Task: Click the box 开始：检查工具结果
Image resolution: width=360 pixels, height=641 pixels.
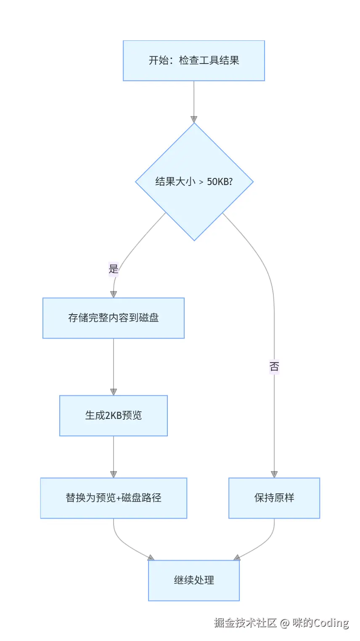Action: coord(194,61)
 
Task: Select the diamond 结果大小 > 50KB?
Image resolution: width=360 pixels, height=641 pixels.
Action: coord(194,182)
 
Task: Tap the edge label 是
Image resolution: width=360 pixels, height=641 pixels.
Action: coord(114,269)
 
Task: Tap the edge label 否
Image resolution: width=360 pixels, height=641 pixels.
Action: coord(274,366)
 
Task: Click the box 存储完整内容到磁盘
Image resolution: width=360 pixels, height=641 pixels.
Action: coord(114,318)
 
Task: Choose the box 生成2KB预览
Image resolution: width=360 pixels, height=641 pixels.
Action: coord(114,416)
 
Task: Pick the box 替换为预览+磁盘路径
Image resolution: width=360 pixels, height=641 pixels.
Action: coord(114,498)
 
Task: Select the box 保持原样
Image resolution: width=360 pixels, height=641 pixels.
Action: coord(274,498)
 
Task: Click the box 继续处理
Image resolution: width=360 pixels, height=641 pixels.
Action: coord(194,580)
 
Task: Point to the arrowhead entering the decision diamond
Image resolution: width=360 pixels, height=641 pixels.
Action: coord(194,119)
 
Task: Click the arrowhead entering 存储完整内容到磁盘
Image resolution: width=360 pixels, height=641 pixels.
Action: coord(114,294)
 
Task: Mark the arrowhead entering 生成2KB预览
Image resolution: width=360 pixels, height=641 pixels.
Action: coord(114,392)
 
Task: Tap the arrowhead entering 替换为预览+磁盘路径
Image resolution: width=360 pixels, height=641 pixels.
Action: coord(114,474)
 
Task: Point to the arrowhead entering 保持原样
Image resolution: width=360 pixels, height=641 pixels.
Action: coord(274,474)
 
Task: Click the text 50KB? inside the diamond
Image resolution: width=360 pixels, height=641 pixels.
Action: coord(220,182)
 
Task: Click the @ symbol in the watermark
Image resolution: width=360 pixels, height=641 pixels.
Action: coord(285,623)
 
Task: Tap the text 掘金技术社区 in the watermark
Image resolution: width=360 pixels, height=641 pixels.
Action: coord(245,623)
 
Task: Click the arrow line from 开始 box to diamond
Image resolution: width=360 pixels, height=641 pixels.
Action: coord(194,99)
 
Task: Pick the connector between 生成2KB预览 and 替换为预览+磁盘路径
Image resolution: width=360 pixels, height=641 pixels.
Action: coord(114,454)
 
